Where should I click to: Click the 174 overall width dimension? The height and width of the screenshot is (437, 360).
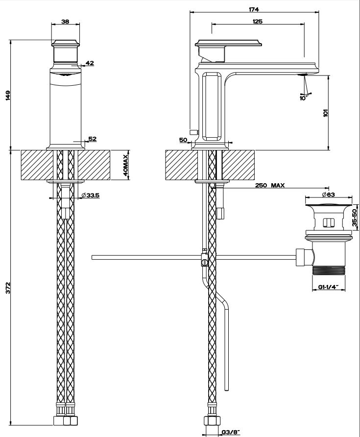pyautogui.click(x=254, y=9)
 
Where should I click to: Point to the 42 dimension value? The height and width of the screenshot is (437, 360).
pyautogui.click(x=89, y=63)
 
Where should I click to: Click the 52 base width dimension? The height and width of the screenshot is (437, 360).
pyautogui.click(x=92, y=139)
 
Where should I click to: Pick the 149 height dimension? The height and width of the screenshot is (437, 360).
pyautogui.click(x=7, y=95)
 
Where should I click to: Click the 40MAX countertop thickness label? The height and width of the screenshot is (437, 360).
pyautogui.click(x=125, y=165)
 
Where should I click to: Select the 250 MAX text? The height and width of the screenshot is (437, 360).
pyautogui.click(x=270, y=185)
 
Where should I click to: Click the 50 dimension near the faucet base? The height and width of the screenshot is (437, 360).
pyautogui.click(x=183, y=140)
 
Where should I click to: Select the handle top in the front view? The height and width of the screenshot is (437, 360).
pyautogui.click(x=66, y=42)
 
